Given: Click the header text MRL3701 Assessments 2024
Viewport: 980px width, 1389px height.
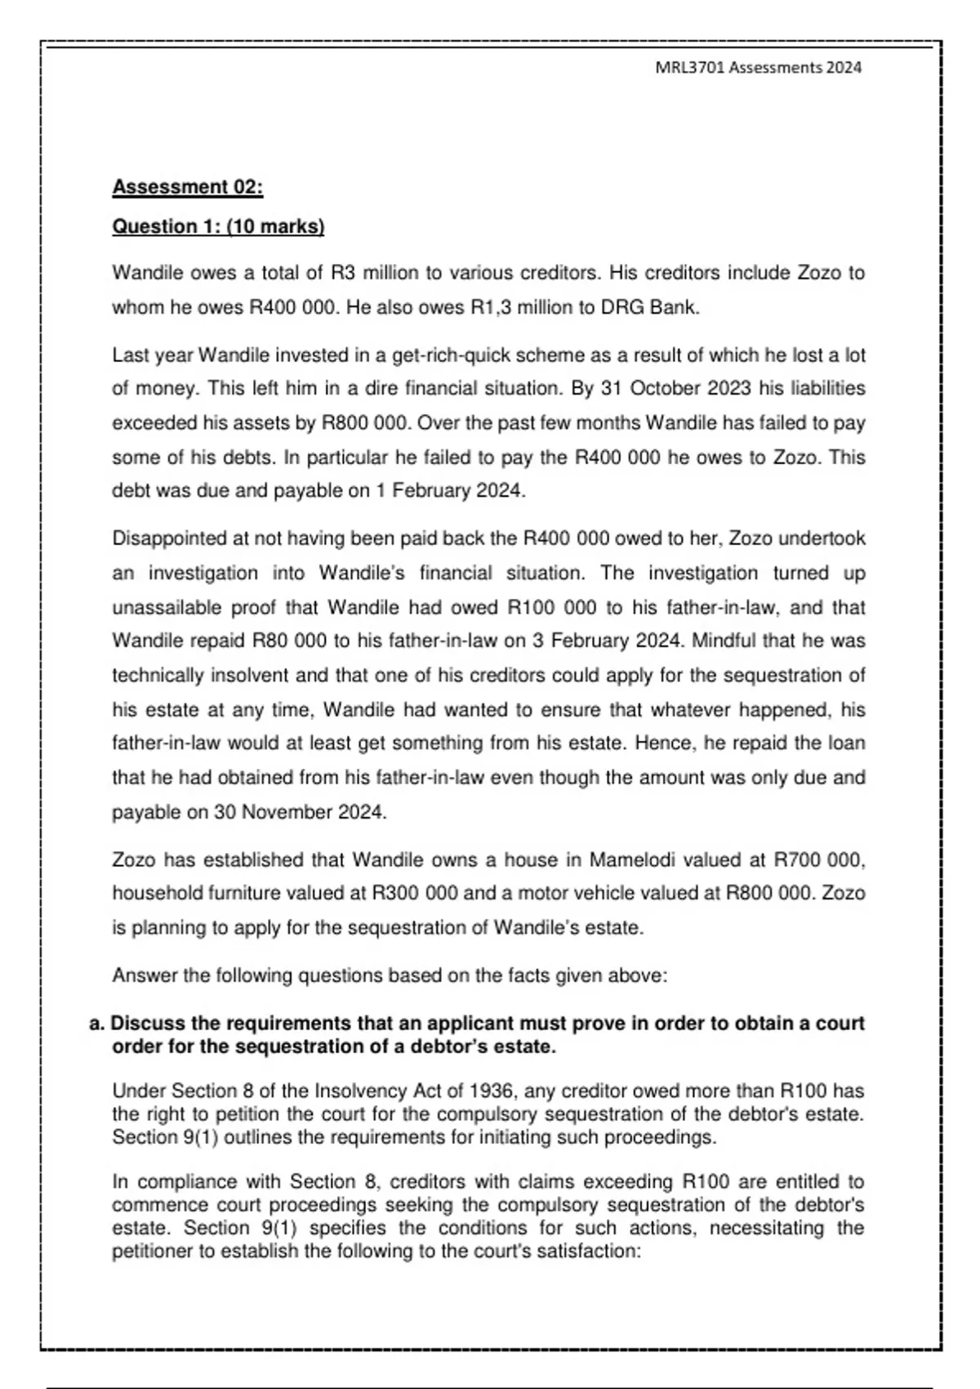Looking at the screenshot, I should [758, 68].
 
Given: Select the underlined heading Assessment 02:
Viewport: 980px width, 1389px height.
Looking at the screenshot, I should [187, 187].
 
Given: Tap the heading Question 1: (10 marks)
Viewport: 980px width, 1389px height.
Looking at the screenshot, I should [218, 226].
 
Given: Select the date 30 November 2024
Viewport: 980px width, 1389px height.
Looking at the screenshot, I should [299, 812].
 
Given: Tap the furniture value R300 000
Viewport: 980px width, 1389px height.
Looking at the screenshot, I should [415, 894].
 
